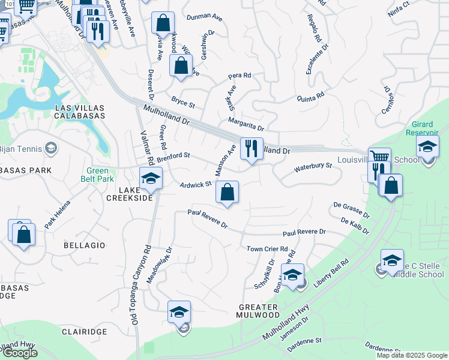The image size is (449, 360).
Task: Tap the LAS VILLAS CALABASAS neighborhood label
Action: [x=80, y=112]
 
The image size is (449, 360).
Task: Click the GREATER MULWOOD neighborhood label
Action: [x=257, y=311]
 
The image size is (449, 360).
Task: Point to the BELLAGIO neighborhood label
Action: [x=84, y=245]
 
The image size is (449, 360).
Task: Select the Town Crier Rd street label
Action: [x=267, y=249]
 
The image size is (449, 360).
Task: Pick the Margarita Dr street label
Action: [x=246, y=124]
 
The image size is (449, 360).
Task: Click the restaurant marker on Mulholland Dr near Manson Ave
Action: [x=252, y=148]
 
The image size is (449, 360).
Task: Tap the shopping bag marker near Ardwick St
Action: [x=227, y=193]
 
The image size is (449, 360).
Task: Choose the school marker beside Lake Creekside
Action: [x=151, y=178]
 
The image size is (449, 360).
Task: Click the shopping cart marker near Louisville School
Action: [x=379, y=159]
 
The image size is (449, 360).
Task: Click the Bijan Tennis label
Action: [x=21, y=148]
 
